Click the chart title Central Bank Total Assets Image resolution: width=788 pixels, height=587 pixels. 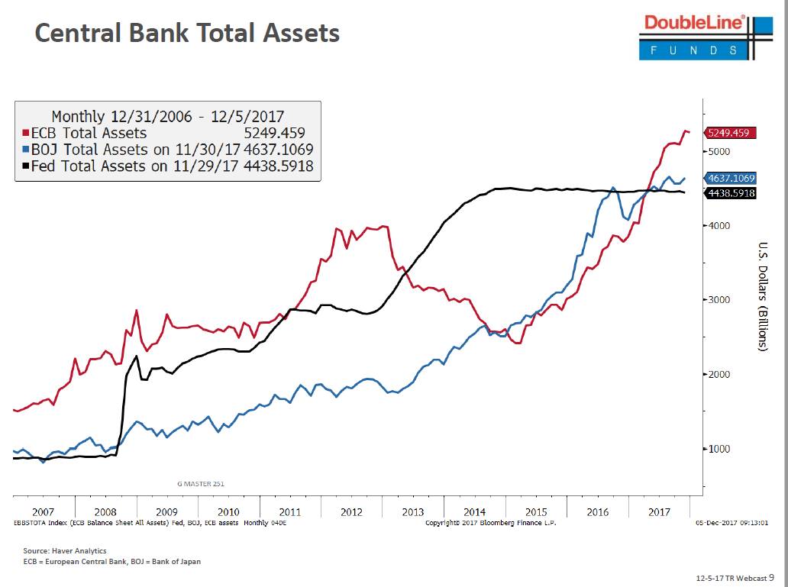point(187,33)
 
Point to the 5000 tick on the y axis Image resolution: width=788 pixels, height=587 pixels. point(720,151)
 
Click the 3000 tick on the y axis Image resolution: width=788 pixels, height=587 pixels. point(720,300)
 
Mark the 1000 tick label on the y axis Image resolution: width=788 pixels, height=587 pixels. point(720,449)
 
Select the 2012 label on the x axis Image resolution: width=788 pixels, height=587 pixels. point(351,511)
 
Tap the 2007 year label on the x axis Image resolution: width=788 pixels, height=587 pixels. point(43,511)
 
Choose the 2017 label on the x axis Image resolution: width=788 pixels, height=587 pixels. point(659,511)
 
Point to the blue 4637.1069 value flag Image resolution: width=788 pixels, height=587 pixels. point(731,178)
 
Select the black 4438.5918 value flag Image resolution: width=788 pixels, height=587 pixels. point(731,193)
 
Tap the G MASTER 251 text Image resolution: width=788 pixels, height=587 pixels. point(201,483)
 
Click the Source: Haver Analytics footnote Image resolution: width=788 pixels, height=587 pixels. point(65,550)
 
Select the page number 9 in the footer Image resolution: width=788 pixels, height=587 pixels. point(771,578)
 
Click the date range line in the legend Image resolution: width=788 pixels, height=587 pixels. point(167,117)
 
